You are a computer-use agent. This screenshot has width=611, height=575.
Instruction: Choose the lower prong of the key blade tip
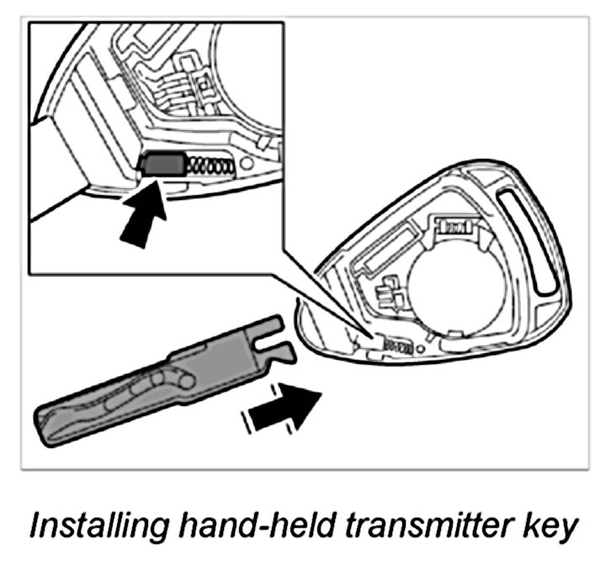281,351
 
